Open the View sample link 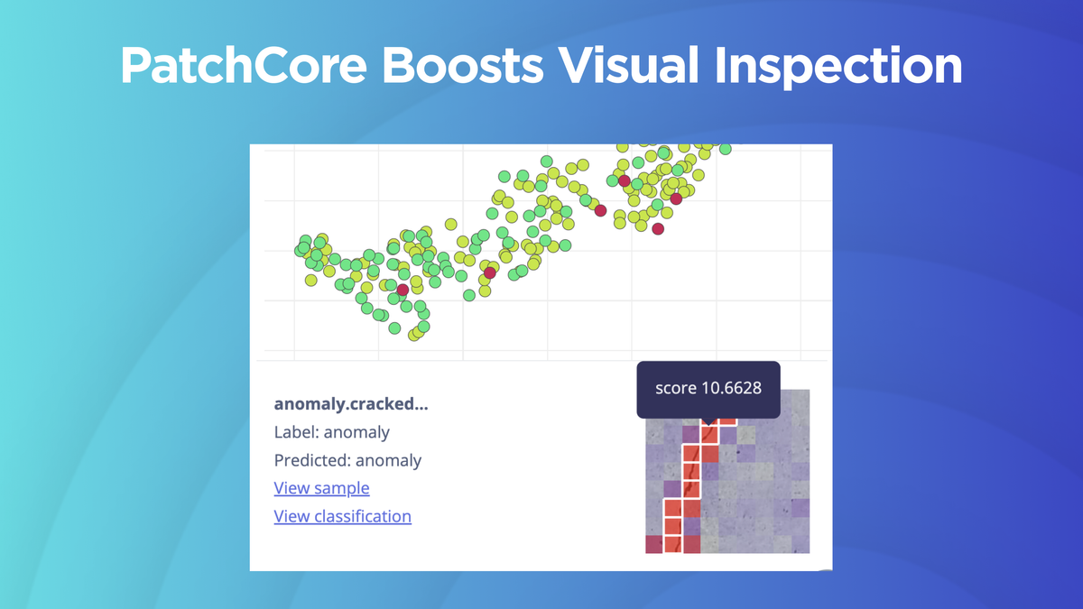(321, 488)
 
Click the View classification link (342, 516)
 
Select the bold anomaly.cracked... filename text (351, 403)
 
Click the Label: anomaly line (331, 432)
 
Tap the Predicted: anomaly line (347, 460)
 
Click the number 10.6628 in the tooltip (727, 388)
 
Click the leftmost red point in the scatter (403, 290)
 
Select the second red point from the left (490, 272)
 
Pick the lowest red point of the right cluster (658, 229)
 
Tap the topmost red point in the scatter (624, 180)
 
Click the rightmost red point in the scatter (676, 198)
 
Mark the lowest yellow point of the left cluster (413, 336)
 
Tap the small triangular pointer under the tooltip (708, 421)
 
